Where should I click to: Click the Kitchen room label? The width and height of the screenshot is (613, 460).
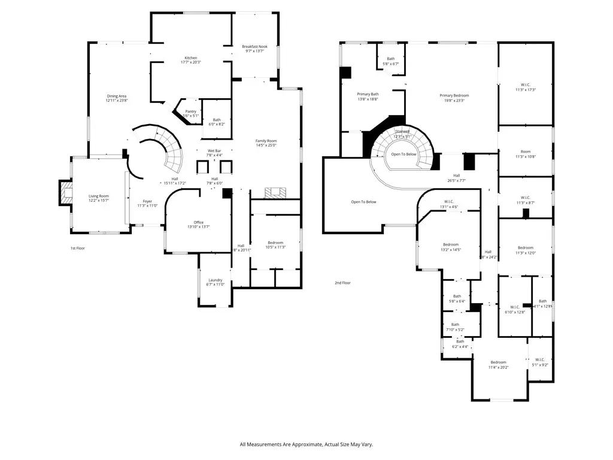pos(190,58)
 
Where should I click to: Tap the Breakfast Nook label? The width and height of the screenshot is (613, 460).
pos(254,46)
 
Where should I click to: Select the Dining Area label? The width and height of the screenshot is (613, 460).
pos(117,96)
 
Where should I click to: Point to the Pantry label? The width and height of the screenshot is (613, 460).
pos(190,111)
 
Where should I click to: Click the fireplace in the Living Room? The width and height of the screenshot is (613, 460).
pos(65,193)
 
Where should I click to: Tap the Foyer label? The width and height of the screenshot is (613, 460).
pos(147,201)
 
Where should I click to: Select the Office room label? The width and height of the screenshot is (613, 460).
pos(198,222)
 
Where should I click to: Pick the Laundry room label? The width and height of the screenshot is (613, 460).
pos(215,280)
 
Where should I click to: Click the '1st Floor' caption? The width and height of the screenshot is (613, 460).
pos(78,247)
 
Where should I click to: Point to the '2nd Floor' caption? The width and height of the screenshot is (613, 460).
pos(342,283)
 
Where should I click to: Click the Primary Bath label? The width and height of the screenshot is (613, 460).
pos(368,94)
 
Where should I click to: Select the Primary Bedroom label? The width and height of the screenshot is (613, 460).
pos(454,95)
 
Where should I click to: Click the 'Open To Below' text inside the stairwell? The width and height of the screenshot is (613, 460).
pos(403,154)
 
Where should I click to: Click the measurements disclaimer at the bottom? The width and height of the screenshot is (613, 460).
pos(306,444)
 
